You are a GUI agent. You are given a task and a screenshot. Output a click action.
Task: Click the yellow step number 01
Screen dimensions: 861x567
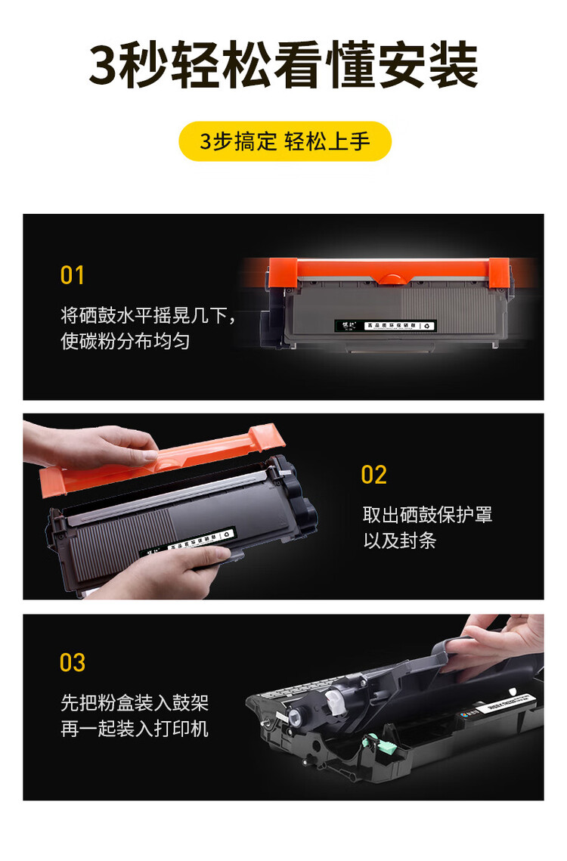click(x=73, y=275)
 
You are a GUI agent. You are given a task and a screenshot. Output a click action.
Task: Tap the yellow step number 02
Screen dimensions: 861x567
click(x=374, y=475)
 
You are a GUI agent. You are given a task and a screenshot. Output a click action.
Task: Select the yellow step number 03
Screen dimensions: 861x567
click(x=73, y=662)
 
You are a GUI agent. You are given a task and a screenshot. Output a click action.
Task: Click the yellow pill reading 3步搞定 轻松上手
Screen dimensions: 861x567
click(x=284, y=141)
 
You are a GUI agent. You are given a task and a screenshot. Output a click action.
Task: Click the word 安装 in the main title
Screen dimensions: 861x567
click(x=437, y=66)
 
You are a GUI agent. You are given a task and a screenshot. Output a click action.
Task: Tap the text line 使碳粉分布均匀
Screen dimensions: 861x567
click(x=125, y=341)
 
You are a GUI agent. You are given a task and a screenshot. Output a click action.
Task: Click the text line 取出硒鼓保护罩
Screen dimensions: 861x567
click(x=427, y=515)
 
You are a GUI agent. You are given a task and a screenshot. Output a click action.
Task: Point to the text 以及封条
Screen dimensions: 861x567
click(x=400, y=540)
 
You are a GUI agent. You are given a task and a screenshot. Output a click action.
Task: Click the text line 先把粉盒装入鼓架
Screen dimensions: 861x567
click(x=135, y=703)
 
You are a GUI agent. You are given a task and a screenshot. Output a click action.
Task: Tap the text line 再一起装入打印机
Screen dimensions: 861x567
click(x=135, y=729)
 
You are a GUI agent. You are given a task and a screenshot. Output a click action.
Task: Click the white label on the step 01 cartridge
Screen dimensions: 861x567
click(x=386, y=326)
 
